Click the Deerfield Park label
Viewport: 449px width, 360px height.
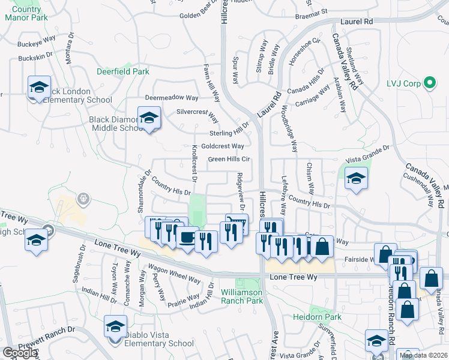pyautogui.click(x=123, y=71)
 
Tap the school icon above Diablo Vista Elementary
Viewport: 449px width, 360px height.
pyautogui.click(x=115, y=326)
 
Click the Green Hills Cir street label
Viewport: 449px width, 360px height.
pyautogui.click(x=229, y=159)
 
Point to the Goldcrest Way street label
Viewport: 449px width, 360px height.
pyautogui.click(x=222, y=146)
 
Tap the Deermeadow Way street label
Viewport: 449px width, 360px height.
pyautogui.click(x=172, y=97)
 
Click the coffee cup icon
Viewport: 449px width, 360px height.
pyautogui.click(x=187, y=238)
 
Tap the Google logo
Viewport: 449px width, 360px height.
pyautogui.click(x=20, y=353)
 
